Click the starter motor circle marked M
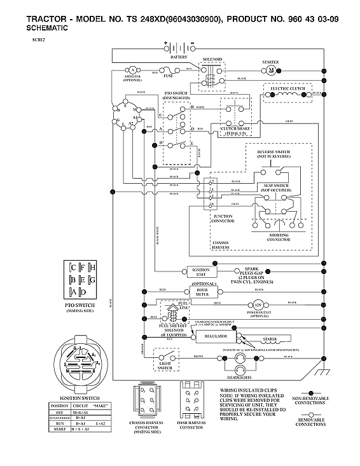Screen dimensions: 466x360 (x=271, y=69)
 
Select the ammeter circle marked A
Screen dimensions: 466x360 (x=133, y=69)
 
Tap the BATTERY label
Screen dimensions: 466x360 (x=179, y=57)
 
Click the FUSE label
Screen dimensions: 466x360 (x=169, y=76)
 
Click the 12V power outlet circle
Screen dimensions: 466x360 (x=258, y=305)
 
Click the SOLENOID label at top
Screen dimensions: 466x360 (x=212, y=59)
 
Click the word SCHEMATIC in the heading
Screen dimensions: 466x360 (x=49, y=29)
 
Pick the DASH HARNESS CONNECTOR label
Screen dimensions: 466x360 (x=191, y=425)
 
